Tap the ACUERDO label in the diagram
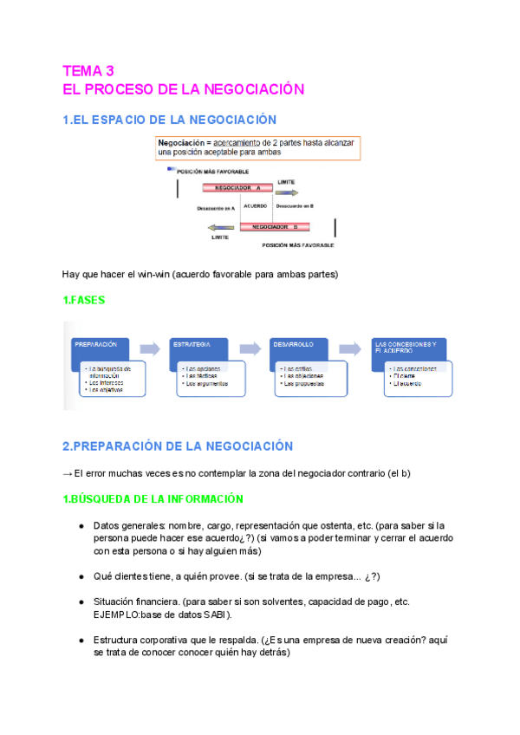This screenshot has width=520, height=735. click(x=255, y=206)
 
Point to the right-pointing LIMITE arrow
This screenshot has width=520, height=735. click(x=287, y=192)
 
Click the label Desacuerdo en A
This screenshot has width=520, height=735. click(x=216, y=208)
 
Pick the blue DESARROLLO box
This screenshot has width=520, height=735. click(x=299, y=348)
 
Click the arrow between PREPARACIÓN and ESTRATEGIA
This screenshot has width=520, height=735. click(x=150, y=348)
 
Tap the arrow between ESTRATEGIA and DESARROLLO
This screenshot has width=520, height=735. click(x=250, y=348)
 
